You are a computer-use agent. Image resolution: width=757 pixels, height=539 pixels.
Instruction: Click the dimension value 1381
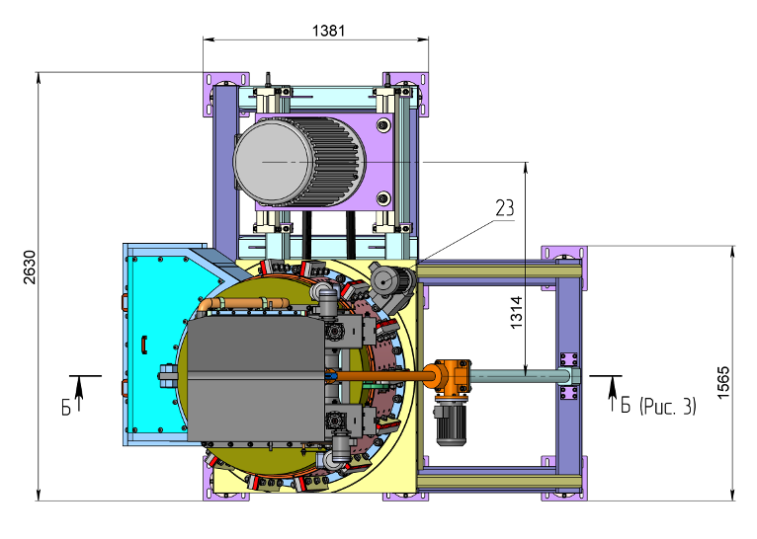328,31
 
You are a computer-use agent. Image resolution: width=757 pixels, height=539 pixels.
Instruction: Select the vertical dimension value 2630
30,268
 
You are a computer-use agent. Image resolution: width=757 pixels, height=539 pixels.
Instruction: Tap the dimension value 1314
516,312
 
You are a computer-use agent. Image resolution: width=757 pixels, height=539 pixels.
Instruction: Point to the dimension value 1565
722,382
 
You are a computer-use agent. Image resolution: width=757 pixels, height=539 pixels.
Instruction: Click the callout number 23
505,208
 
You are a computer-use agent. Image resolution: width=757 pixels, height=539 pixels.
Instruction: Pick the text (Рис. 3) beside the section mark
668,406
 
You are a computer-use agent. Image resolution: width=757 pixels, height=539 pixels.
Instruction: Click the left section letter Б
66,408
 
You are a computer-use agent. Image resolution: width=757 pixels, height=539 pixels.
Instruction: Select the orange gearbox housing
452,376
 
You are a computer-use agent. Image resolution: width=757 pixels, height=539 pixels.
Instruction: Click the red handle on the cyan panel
144,345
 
